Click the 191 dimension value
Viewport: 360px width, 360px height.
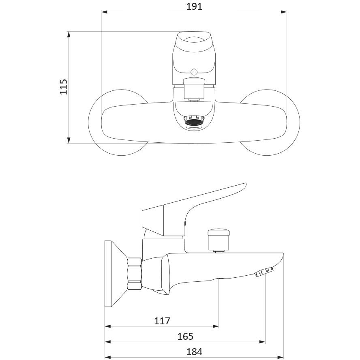[x=194, y=6]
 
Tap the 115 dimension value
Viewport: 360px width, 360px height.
[x=63, y=87]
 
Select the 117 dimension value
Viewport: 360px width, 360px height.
[x=162, y=321]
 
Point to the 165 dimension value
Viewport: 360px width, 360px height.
[x=185, y=336]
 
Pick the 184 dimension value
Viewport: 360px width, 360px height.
[x=194, y=352]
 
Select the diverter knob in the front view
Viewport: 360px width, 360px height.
[x=194, y=89]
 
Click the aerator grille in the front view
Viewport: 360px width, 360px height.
[x=194, y=121]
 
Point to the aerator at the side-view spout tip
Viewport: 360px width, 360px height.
[x=264, y=272]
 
